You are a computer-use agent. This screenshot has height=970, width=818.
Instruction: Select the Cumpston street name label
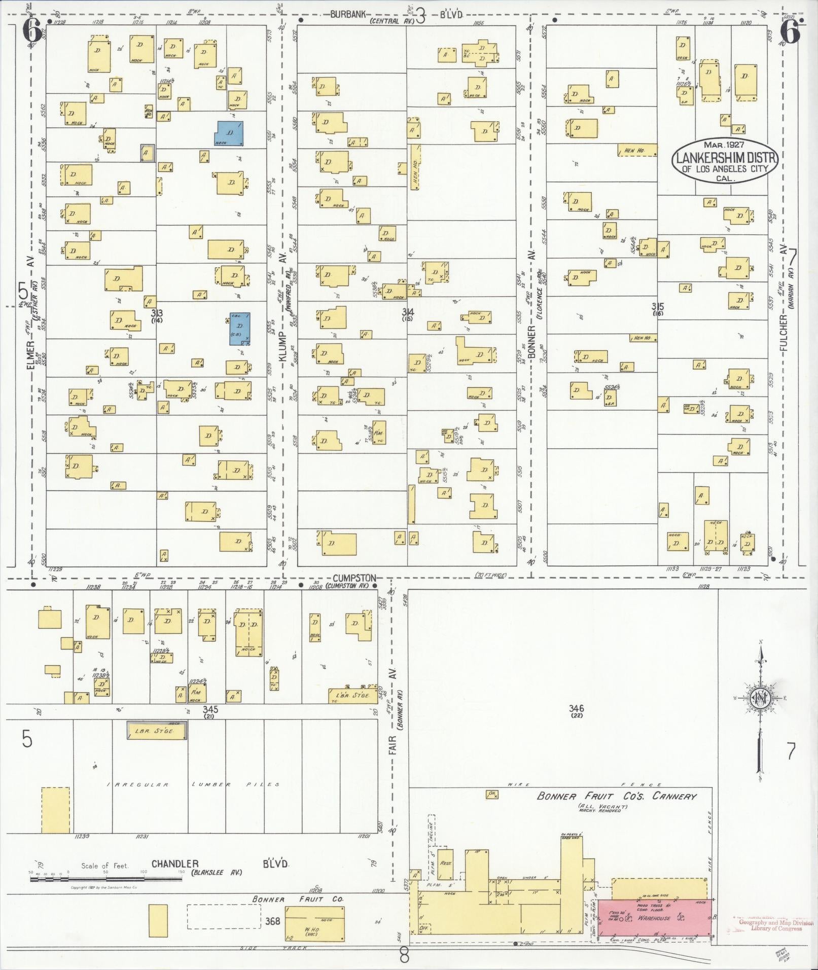click(x=354, y=578)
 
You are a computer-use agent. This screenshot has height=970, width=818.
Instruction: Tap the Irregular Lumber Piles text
click(x=193, y=784)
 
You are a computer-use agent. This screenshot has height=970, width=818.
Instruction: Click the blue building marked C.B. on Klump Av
click(x=239, y=328)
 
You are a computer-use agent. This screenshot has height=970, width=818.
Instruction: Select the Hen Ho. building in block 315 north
click(x=637, y=150)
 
